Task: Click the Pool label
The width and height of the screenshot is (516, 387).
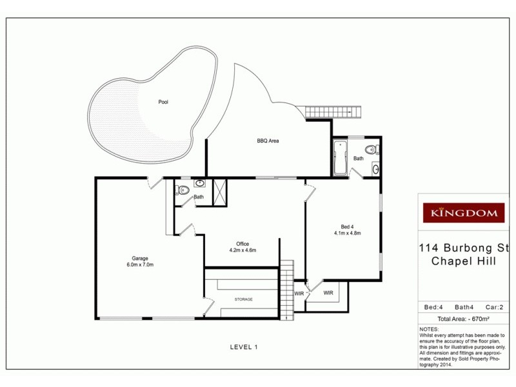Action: coord(164,102)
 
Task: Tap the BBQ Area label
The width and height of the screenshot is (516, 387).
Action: coord(268,140)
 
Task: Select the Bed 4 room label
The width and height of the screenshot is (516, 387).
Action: coord(347,226)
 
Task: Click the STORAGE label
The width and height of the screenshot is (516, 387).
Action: coord(243,299)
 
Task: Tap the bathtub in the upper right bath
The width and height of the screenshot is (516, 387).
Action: coord(340,159)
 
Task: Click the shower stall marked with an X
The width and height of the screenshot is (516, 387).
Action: coord(220,193)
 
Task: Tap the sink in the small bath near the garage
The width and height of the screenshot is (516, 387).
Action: coord(200,184)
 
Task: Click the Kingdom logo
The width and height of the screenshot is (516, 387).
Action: coord(463,212)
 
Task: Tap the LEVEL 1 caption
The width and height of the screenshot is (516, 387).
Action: coord(244,347)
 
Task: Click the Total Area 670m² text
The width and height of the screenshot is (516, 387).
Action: coord(463,319)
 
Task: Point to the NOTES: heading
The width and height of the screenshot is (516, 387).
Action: coord(428,329)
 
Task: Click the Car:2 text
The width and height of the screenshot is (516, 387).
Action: coord(494,307)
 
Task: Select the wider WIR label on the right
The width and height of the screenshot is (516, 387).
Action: coord(328,293)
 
